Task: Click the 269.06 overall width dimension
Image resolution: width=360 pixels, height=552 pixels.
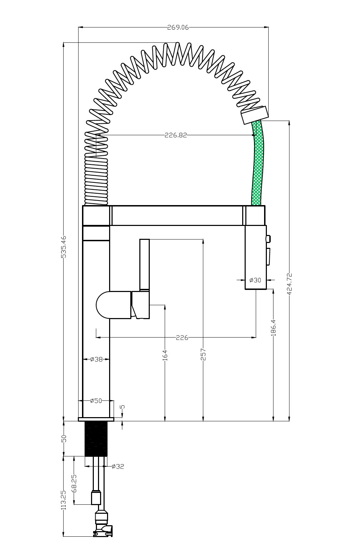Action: [x=178, y=27]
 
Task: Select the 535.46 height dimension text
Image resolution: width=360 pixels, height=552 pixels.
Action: [x=64, y=247]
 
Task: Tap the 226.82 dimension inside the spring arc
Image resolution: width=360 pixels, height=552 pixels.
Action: [x=175, y=135]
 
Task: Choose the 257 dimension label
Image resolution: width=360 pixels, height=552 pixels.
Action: [x=204, y=355]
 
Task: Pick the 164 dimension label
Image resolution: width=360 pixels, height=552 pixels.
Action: [x=165, y=355]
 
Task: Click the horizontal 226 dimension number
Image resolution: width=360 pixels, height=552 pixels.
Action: [x=182, y=338]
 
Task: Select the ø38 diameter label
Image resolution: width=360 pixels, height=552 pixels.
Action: [x=96, y=359]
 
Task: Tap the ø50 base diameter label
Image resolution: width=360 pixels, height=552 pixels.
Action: [x=96, y=401]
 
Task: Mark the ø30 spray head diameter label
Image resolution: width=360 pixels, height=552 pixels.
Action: [x=255, y=280]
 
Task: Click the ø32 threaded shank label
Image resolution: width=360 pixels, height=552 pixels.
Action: [x=118, y=466]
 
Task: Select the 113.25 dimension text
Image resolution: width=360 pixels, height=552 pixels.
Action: [x=64, y=500]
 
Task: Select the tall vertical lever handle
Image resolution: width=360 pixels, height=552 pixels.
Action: [x=144, y=264]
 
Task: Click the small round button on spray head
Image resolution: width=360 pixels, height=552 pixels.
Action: [x=268, y=238]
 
